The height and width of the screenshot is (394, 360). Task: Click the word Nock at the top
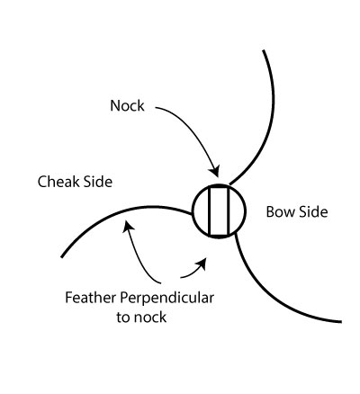[x=127, y=105]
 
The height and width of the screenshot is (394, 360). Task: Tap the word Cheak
[x=58, y=182]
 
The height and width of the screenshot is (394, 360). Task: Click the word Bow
[x=277, y=211]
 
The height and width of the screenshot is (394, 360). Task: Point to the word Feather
[x=91, y=298]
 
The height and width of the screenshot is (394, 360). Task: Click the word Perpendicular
[x=167, y=299]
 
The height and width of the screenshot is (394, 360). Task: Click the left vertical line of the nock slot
[x=209, y=211]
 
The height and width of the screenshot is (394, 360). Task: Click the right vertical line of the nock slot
[x=229, y=211]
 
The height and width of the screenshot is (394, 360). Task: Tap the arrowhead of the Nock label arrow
[x=214, y=171]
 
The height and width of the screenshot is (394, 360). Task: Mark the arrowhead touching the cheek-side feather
[x=129, y=226]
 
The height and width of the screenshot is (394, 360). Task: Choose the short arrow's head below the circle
[x=202, y=263]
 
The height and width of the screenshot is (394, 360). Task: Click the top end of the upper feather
[x=264, y=50]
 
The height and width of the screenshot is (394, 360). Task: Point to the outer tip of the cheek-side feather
[x=62, y=256]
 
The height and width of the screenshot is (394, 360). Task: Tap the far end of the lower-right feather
[x=341, y=322]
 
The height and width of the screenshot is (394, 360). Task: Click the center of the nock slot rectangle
[x=219, y=211]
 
